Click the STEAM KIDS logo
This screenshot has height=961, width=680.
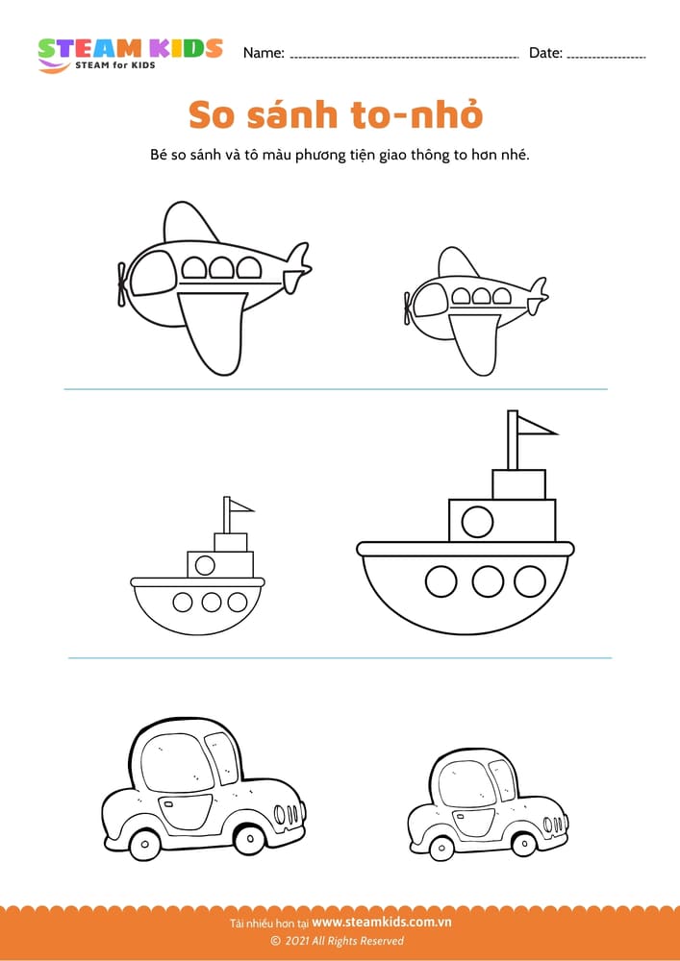point(130,55)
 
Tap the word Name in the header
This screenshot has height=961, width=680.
point(264,53)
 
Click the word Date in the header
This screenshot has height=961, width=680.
point(545,53)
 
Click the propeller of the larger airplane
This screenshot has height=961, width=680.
point(123,284)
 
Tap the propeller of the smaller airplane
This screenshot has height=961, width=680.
point(408,308)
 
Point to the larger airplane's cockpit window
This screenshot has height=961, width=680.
point(152,273)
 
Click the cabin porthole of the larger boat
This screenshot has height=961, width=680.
point(478,521)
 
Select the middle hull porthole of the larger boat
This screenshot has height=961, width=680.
point(488,581)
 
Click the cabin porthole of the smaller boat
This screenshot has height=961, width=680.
point(205,565)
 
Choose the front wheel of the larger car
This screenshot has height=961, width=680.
point(249,836)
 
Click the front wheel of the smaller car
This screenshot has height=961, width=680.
point(523,844)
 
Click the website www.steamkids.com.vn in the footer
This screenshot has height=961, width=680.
point(382,922)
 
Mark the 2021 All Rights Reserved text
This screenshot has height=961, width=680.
point(344,941)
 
